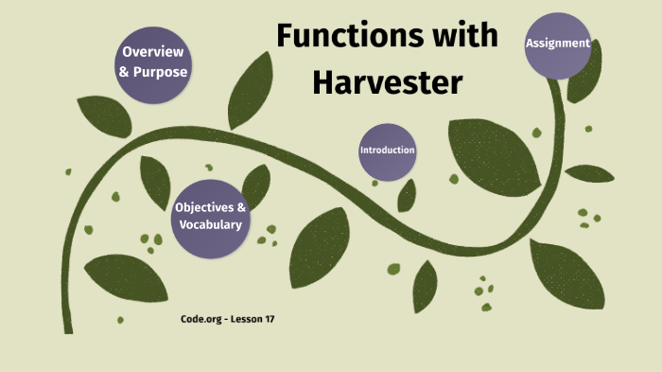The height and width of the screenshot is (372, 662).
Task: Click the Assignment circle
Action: pos(558,44)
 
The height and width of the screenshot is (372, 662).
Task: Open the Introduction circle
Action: pos(387,151)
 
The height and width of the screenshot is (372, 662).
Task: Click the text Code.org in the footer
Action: pos(201,319)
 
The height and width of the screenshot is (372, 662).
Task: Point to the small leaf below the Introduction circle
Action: pos(408,195)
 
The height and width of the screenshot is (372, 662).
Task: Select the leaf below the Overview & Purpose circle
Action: pos(104,115)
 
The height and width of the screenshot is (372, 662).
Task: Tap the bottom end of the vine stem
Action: pos(68,328)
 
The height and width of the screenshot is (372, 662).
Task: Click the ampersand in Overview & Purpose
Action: pos(126,71)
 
